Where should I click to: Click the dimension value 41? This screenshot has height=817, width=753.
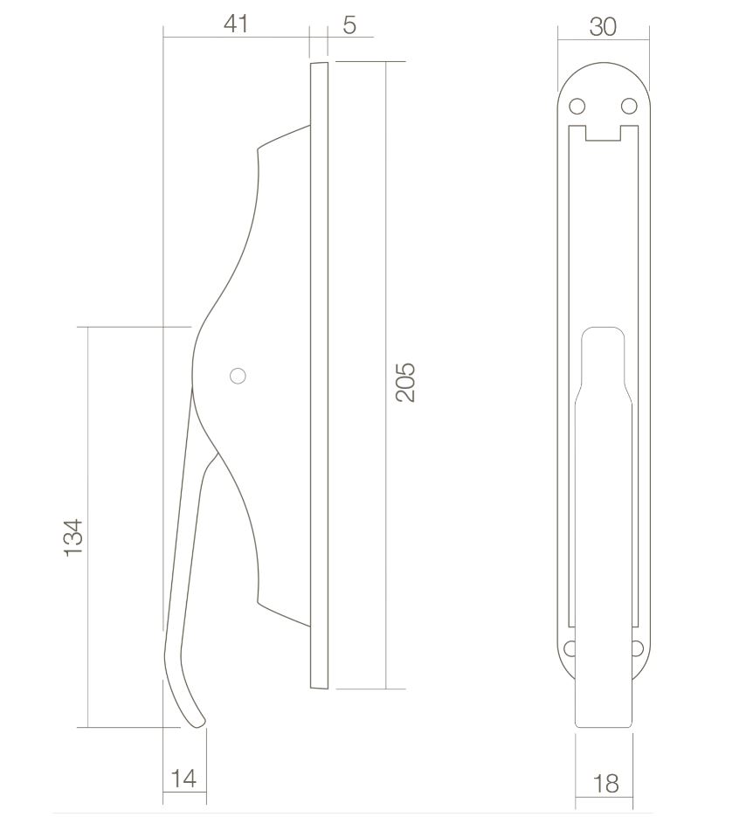(236, 24)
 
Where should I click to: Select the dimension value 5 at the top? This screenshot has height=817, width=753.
(349, 24)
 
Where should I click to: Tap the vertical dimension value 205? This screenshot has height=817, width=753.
(405, 381)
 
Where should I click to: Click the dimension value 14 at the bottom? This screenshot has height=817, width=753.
(183, 778)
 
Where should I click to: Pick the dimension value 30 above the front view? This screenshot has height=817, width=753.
(603, 27)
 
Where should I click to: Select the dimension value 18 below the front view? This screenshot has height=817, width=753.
(604, 783)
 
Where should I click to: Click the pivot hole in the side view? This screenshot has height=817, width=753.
(237, 376)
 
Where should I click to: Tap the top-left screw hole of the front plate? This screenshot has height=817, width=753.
(577, 107)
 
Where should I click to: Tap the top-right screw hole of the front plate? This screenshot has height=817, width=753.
(629, 107)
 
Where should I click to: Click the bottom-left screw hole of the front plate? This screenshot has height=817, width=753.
(570, 648)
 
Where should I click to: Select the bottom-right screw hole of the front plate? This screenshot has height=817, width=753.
(637, 648)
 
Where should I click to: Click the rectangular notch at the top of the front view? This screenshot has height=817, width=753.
(603, 133)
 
